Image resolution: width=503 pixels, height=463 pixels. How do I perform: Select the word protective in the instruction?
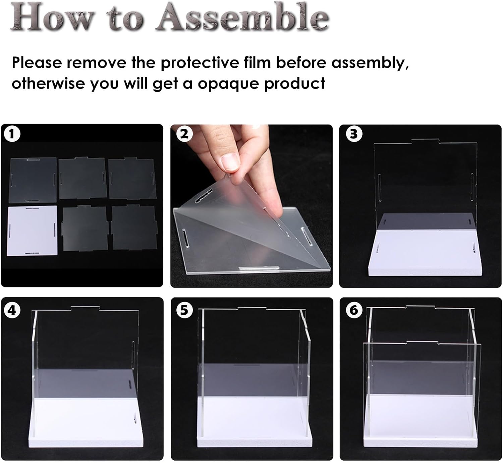[x=200, y=63]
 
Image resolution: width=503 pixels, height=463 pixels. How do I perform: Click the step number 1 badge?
[x=12, y=134]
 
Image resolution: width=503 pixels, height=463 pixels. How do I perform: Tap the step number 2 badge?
[x=184, y=134]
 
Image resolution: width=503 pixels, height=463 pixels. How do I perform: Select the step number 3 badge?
[x=354, y=134]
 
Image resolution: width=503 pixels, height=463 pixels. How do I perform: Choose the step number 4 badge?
[x=12, y=310]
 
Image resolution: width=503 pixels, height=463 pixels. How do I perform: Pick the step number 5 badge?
[x=184, y=310]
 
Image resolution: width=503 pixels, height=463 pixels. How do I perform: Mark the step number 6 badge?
[x=354, y=310]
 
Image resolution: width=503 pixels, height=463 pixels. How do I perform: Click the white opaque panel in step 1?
[x=32, y=230]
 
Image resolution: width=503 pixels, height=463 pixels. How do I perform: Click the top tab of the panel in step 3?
[x=425, y=141]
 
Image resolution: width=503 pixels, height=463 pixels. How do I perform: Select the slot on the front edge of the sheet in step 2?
[x=259, y=268]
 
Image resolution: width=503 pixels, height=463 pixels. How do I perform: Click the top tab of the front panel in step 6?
[x=422, y=343]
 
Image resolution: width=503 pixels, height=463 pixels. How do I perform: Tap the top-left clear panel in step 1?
[x=33, y=180]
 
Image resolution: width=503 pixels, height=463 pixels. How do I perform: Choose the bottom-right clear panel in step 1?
[x=134, y=227]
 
